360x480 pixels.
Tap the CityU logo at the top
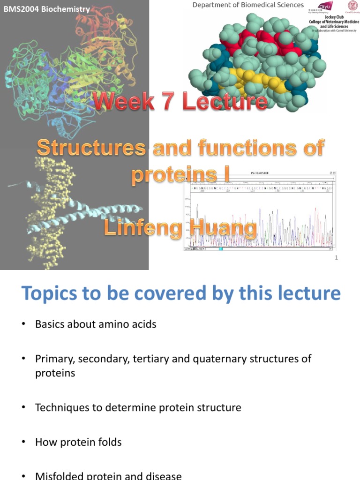pos(325,6)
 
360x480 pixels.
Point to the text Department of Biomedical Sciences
pos(248,5)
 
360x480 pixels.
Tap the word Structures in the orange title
pos(91,148)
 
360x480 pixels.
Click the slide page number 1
pos(336,257)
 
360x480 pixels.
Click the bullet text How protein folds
pos(78,442)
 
